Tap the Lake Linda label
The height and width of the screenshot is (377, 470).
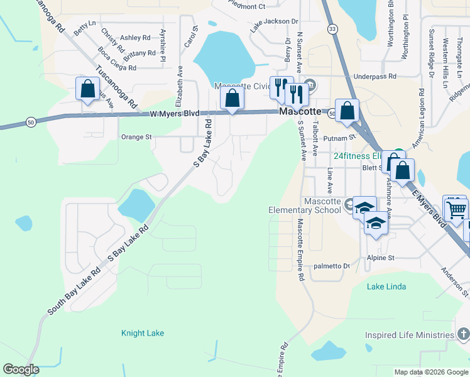click(x=386, y=287)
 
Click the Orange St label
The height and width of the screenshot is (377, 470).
click(x=136, y=136)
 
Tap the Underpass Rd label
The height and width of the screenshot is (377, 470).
click(x=374, y=76)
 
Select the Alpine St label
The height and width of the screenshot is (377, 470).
click(x=381, y=258)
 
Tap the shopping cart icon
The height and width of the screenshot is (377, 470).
click(x=457, y=208)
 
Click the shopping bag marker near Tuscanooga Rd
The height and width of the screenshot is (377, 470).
click(x=87, y=89)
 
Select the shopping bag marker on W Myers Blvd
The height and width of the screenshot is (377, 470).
click(x=232, y=99)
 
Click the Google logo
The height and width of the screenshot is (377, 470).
click(x=21, y=369)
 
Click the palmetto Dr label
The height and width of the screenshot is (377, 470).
click(x=331, y=266)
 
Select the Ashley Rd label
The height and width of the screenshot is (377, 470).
click(x=135, y=38)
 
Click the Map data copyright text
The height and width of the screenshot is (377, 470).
click(x=430, y=372)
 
